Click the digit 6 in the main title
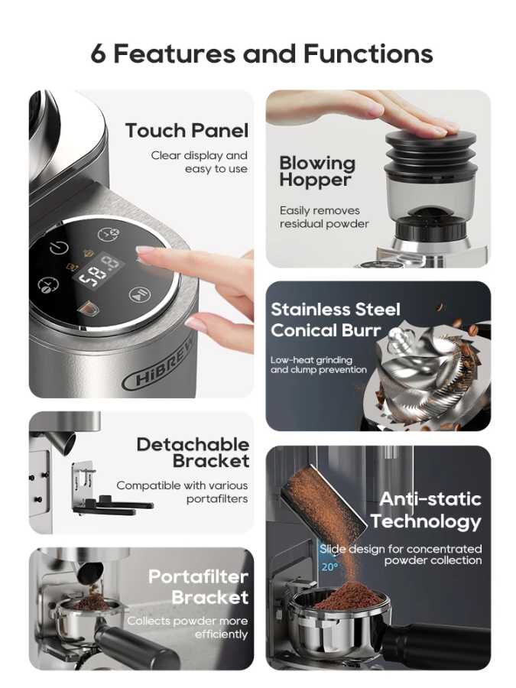coord(99,54)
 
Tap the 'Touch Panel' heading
coord(187,131)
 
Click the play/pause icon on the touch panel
coord(140,295)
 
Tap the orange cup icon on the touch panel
coord(87,309)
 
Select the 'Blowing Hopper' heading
coord(317,171)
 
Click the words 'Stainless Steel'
coord(336,310)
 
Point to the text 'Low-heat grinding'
coord(312,360)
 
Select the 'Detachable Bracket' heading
coord(193,453)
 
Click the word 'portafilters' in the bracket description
coord(217,499)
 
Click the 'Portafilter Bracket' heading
coord(198,586)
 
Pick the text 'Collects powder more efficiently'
coord(188,628)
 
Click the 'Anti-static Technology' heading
coord(426,511)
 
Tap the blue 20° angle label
coord(329,567)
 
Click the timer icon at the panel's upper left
coord(59,248)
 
